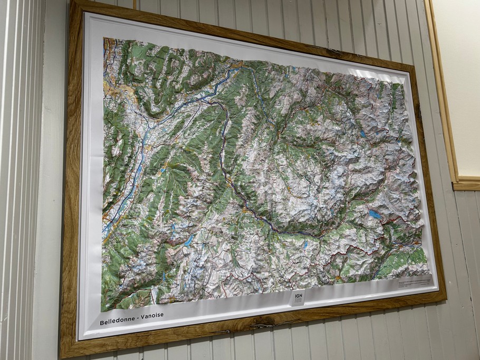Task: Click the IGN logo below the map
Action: pyautogui.click(x=299, y=297)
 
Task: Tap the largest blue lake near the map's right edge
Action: pyautogui.click(x=375, y=214)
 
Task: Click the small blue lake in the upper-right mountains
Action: pyautogui.click(x=363, y=134)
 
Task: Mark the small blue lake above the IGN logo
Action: pyautogui.click(x=305, y=245)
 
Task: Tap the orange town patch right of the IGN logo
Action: pyautogui.click(x=338, y=278)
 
